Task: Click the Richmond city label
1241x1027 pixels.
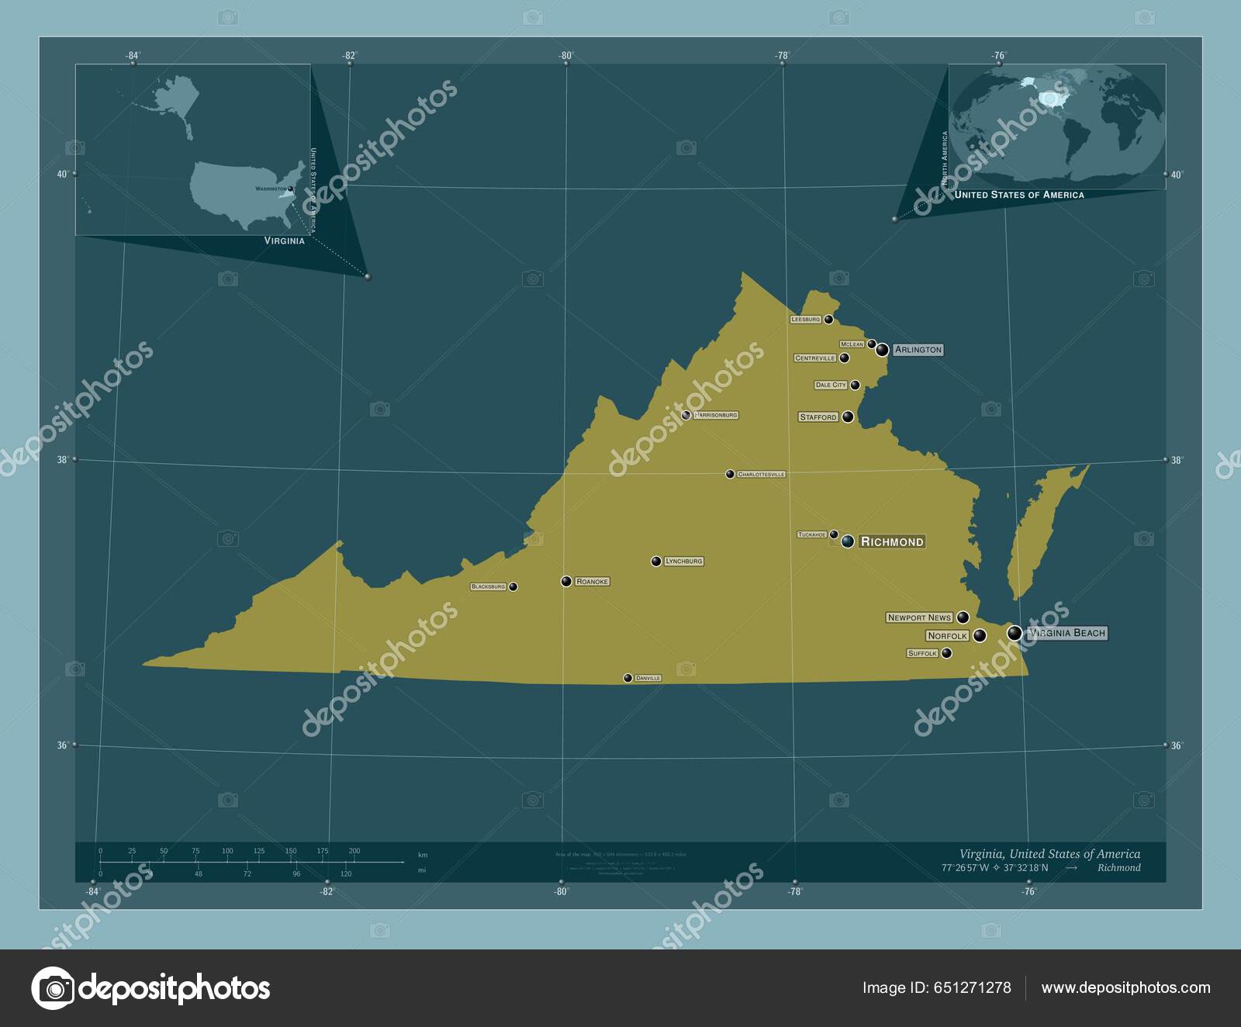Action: (x=892, y=541)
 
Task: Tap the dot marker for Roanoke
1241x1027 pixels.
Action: (x=566, y=581)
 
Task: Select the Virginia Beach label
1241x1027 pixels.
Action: (x=1067, y=633)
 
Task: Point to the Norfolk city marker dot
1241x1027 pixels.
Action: (x=980, y=635)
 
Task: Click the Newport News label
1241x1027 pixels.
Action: (x=919, y=617)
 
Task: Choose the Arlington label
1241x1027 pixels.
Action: (x=918, y=350)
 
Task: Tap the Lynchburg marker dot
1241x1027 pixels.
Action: (x=656, y=561)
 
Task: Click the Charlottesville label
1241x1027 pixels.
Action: (x=761, y=474)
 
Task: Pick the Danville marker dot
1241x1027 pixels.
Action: (x=627, y=678)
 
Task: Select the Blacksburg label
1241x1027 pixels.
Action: (x=488, y=586)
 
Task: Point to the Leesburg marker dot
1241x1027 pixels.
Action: (x=828, y=319)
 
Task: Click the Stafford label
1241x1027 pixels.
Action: (x=818, y=417)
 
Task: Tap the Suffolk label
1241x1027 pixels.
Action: (x=922, y=653)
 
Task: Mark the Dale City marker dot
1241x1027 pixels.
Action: (x=855, y=385)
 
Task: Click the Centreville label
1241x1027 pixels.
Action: (x=815, y=358)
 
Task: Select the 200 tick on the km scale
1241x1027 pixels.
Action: (x=354, y=851)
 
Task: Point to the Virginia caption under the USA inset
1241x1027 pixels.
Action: (x=284, y=240)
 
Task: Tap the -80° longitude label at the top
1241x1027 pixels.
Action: (x=565, y=55)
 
